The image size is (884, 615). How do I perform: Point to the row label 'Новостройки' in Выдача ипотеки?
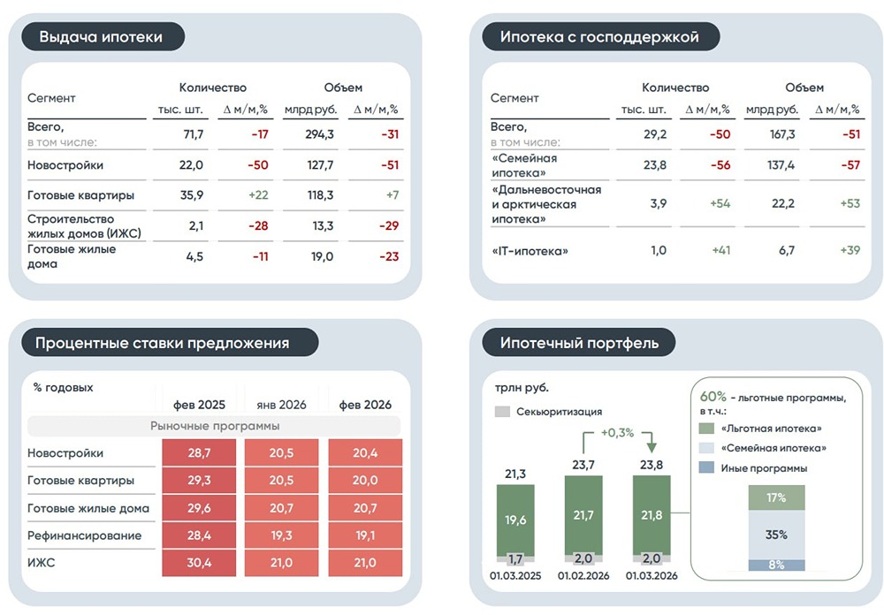point(65,165)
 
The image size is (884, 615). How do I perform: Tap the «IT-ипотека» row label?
point(530,251)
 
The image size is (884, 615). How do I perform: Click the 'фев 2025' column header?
point(200,405)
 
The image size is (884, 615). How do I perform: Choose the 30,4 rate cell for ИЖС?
point(200,563)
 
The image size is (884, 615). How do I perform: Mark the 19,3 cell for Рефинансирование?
point(281,535)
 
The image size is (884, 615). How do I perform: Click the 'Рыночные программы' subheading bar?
point(214,426)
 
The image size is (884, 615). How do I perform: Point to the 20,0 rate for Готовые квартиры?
point(365,481)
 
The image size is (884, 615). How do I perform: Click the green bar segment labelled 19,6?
point(516,520)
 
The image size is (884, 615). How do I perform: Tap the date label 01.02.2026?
point(584,576)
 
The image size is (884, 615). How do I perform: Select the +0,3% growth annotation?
point(619,433)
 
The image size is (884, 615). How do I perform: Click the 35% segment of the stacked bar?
point(777,535)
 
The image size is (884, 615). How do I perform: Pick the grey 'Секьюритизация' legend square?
point(502,412)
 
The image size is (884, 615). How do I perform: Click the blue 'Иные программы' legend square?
point(706,468)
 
